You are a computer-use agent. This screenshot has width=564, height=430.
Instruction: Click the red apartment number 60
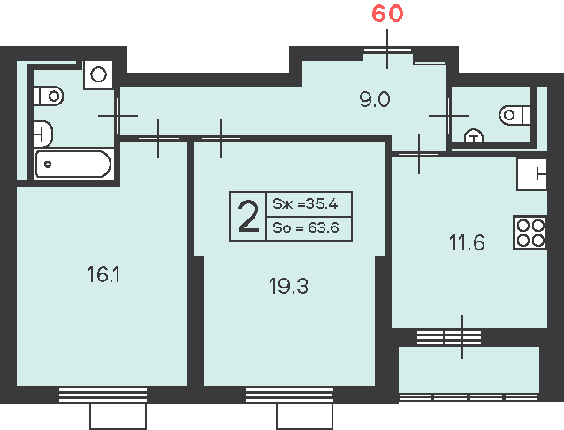(x=387, y=13)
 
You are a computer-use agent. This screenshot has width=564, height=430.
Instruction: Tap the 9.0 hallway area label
(x=375, y=99)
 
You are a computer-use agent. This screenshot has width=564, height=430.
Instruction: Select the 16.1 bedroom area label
(x=103, y=275)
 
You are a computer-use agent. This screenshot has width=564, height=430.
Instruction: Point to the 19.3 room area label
(x=288, y=287)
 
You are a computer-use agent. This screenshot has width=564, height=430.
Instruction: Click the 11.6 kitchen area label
(x=467, y=242)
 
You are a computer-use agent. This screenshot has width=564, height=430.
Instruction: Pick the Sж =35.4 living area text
(x=305, y=203)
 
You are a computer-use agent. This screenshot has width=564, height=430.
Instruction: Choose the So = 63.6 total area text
(x=306, y=227)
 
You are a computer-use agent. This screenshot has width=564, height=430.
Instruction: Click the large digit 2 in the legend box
(x=248, y=216)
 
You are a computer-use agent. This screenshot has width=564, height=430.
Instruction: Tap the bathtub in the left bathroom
(x=73, y=165)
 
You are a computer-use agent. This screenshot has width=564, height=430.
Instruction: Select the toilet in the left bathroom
(x=49, y=96)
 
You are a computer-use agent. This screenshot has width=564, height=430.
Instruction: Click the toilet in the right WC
(x=514, y=115)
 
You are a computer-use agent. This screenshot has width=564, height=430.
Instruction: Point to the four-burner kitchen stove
(x=530, y=233)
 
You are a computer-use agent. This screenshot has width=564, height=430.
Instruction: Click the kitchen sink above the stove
(x=531, y=174)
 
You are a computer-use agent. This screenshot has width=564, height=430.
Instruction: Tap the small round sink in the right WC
(x=474, y=135)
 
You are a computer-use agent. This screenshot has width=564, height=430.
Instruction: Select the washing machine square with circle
(x=98, y=75)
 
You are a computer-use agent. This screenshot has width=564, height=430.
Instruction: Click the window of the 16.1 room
(x=103, y=395)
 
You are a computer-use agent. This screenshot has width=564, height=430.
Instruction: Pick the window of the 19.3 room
(x=289, y=395)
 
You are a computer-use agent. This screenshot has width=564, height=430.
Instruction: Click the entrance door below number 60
(x=387, y=50)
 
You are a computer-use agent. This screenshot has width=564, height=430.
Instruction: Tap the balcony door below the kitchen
(x=449, y=337)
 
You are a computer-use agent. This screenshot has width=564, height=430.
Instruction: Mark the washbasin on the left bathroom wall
(x=42, y=134)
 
